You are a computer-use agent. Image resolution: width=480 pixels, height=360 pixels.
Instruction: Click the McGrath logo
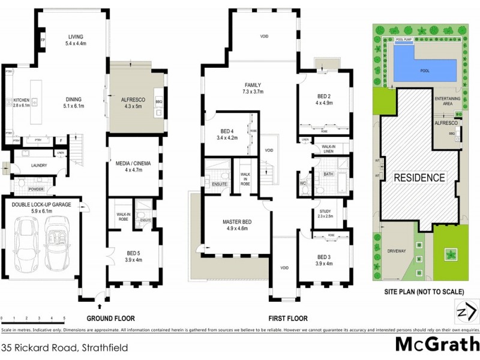(x=437, y=344)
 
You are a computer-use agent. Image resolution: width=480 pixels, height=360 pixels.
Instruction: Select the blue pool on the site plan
(x=423, y=64)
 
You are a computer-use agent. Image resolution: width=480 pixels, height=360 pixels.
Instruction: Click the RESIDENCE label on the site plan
(x=419, y=178)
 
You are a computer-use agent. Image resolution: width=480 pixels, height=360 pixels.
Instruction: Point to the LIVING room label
(x=76, y=36)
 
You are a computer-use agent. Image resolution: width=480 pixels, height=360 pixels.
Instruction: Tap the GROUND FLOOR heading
(x=110, y=319)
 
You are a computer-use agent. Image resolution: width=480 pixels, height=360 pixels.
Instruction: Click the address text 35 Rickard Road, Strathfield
(x=56, y=347)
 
